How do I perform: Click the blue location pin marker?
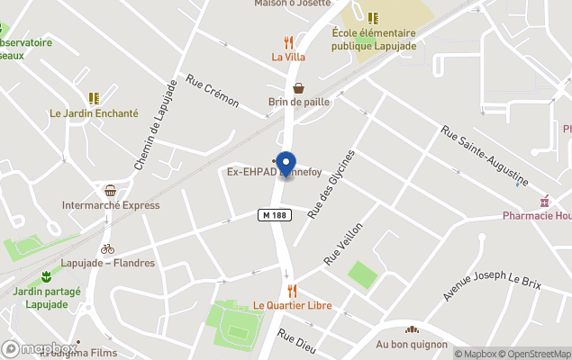click(x=286, y=164)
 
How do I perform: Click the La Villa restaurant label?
click(x=288, y=57)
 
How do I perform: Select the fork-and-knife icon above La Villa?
click(x=288, y=42)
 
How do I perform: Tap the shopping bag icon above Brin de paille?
click(x=298, y=88)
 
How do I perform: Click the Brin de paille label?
click(x=298, y=103)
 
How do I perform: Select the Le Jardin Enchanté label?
click(x=94, y=113)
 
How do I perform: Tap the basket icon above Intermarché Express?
click(x=110, y=191)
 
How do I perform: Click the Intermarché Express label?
click(x=110, y=205)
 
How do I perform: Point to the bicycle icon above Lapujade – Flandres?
click(x=107, y=248)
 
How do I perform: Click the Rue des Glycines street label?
click(x=331, y=184)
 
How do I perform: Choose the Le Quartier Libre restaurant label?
click(x=292, y=305)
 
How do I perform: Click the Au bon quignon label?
click(x=412, y=344)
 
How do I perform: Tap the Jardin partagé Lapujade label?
click(x=41, y=297)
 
